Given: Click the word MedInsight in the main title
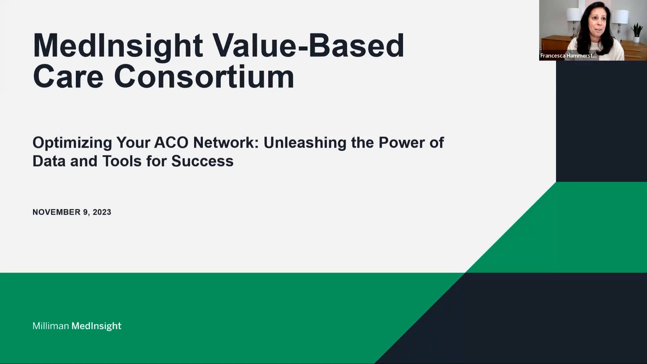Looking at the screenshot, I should [x=118, y=46].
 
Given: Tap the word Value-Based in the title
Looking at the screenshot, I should [x=308, y=45].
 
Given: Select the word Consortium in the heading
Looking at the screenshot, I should [x=204, y=77].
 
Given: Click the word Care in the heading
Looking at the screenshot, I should [x=68, y=77].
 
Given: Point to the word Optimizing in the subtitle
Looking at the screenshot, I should [x=72, y=143].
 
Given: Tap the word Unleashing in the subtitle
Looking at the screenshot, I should [x=305, y=143].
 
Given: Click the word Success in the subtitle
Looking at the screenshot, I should [x=202, y=161].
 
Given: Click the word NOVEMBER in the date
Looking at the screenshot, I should [x=56, y=212].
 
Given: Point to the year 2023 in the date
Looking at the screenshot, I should [x=102, y=212].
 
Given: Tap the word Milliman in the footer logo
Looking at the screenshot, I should [x=51, y=326].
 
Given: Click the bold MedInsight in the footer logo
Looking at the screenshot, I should [x=96, y=326].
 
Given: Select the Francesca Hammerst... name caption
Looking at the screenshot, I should [x=568, y=56].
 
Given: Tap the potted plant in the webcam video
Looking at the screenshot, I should [x=637, y=32].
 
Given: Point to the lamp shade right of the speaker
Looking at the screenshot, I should [x=620, y=16].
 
